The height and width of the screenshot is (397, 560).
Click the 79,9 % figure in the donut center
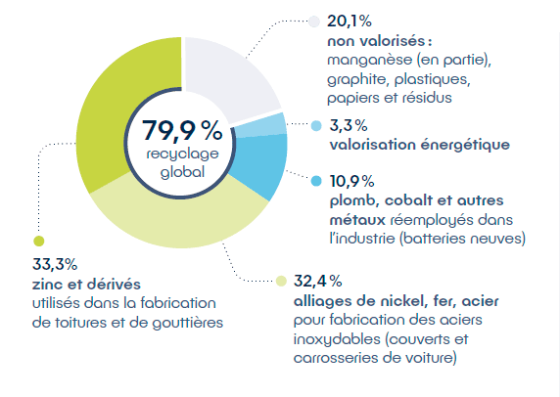click(x=183, y=131)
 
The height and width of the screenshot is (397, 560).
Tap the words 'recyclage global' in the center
click(x=183, y=162)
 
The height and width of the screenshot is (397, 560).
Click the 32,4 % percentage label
click(x=315, y=282)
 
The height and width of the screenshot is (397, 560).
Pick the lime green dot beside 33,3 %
click(x=37, y=241)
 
